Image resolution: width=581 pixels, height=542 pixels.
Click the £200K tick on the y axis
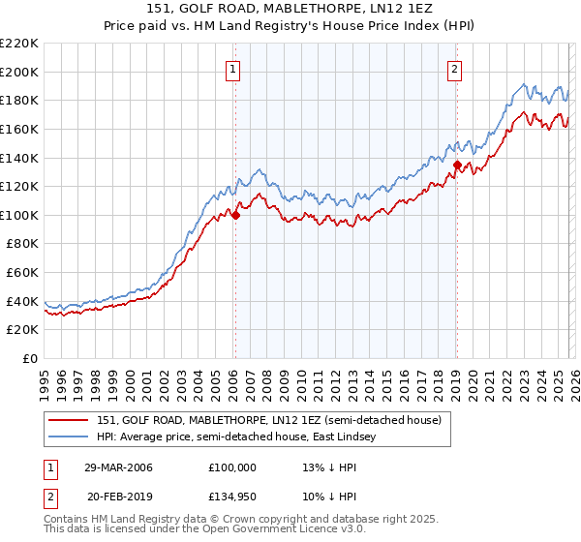[19, 72]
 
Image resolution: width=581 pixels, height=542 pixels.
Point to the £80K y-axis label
[22, 244]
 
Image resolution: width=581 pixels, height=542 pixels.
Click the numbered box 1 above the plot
[234, 69]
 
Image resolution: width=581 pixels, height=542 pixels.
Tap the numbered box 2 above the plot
[454, 69]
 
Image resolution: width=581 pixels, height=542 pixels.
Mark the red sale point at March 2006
[235, 215]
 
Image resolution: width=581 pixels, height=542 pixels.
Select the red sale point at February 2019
[457, 166]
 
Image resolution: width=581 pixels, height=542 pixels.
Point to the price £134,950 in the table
[232, 496]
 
